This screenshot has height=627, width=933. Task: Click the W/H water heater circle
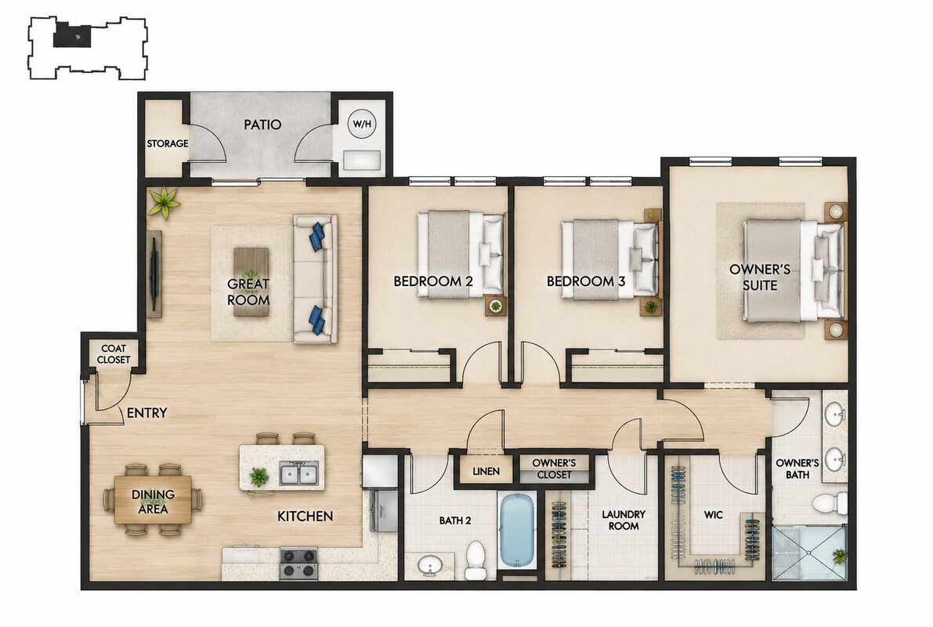[x=362, y=125]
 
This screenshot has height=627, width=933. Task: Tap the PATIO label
[x=262, y=125]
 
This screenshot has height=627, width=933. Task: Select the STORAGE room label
[x=167, y=143]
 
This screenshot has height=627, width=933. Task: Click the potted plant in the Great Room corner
[x=164, y=202]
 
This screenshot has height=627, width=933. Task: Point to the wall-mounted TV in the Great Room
[x=154, y=274]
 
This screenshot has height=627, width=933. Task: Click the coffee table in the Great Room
[x=251, y=281]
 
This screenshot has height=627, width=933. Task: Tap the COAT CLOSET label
[x=114, y=353]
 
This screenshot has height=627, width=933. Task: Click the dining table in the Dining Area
[x=153, y=500]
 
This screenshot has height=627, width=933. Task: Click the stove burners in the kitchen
[x=298, y=564]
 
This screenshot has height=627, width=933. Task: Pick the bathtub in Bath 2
[x=518, y=530]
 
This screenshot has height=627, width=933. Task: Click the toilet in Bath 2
[x=476, y=560]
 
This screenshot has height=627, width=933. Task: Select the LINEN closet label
[x=486, y=472]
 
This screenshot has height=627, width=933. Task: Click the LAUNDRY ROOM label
[x=624, y=520]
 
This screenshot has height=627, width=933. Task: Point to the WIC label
[x=713, y=515]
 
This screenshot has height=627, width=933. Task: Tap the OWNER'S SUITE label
[x=760, y=277]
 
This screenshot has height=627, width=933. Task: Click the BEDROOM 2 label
[x=433, y=281]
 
